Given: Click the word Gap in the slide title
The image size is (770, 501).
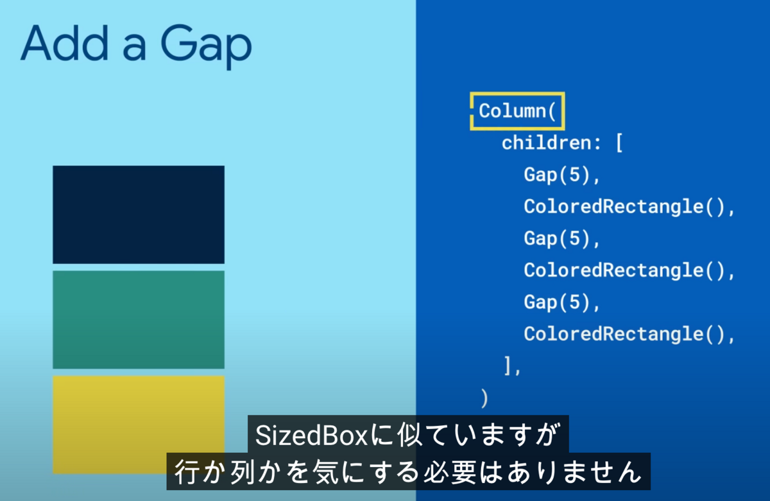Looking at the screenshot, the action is pyautogui.click(x=206, y=46).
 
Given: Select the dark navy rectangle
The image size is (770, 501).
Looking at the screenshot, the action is pyautogui.click(x=139, y=215).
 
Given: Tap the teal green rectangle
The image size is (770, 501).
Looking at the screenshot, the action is pyautogui.click(x=139, y=320).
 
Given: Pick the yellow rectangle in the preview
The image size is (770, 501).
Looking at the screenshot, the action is pyautogui.click(x=139, y=425).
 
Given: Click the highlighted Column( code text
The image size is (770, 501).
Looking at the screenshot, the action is pyautogui.click(x=517, y=111).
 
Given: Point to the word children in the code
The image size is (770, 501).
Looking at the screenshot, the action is pyautogui.click(x=546, y=143).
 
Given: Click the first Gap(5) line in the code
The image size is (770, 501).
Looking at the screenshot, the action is pyautogui.click(x=561, y=175).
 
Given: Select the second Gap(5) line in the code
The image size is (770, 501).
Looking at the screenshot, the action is pyautogui.click(x=561, y=238).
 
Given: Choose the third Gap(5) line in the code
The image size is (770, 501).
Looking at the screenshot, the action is pyautogui.click(x=561, y=303).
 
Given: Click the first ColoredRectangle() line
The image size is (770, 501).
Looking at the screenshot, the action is pyautogui.click(x=629, y=207).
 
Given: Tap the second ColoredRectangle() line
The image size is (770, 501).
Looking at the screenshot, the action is pyautogui.click(x=629, y=270).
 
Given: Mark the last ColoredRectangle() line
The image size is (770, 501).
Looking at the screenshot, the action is pyautogui.click(x=629, y=334).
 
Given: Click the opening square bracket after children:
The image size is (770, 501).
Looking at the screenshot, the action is pyautogui.click(x=619, y=143).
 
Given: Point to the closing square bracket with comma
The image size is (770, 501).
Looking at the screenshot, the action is pyautogui.click(x=512, y=366).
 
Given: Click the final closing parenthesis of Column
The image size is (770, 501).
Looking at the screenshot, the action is pyautogui.click(x=484, y=398).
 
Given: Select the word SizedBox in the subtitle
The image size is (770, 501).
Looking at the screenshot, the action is pyautogui.click(x=312, y=435).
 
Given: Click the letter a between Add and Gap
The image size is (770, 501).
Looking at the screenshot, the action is pyautogui.click(x=134, y=49).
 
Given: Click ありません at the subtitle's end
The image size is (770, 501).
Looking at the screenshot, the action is pyautogui.click(x=574, y=471).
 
